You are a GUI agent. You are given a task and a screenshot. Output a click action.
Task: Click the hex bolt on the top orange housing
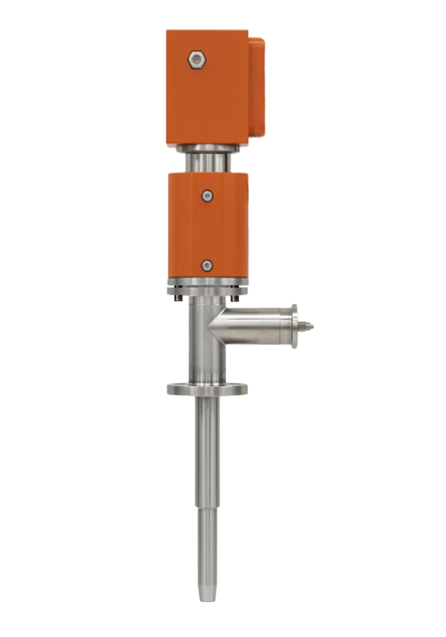tap(197, 60)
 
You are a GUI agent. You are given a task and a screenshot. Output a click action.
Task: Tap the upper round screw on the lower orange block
tap(208, 196)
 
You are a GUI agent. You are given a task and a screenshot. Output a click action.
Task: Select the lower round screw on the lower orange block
tap(207, 266)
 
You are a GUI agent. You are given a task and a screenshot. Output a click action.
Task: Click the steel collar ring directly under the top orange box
tap(208, 148)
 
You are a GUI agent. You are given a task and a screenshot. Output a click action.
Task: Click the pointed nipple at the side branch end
tap(306, 327)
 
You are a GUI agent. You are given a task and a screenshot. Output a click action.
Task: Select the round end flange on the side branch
tap(294, 326)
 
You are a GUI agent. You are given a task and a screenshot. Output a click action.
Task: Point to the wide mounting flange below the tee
tap(207, 390)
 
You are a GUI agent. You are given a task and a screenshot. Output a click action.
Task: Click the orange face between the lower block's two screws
tap(208, 231)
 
